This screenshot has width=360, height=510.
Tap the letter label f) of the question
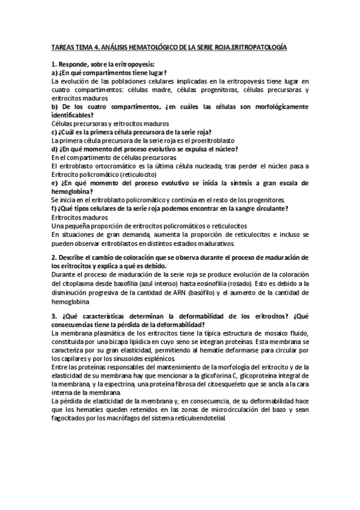pyautogui.click(x=55, y=208)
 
